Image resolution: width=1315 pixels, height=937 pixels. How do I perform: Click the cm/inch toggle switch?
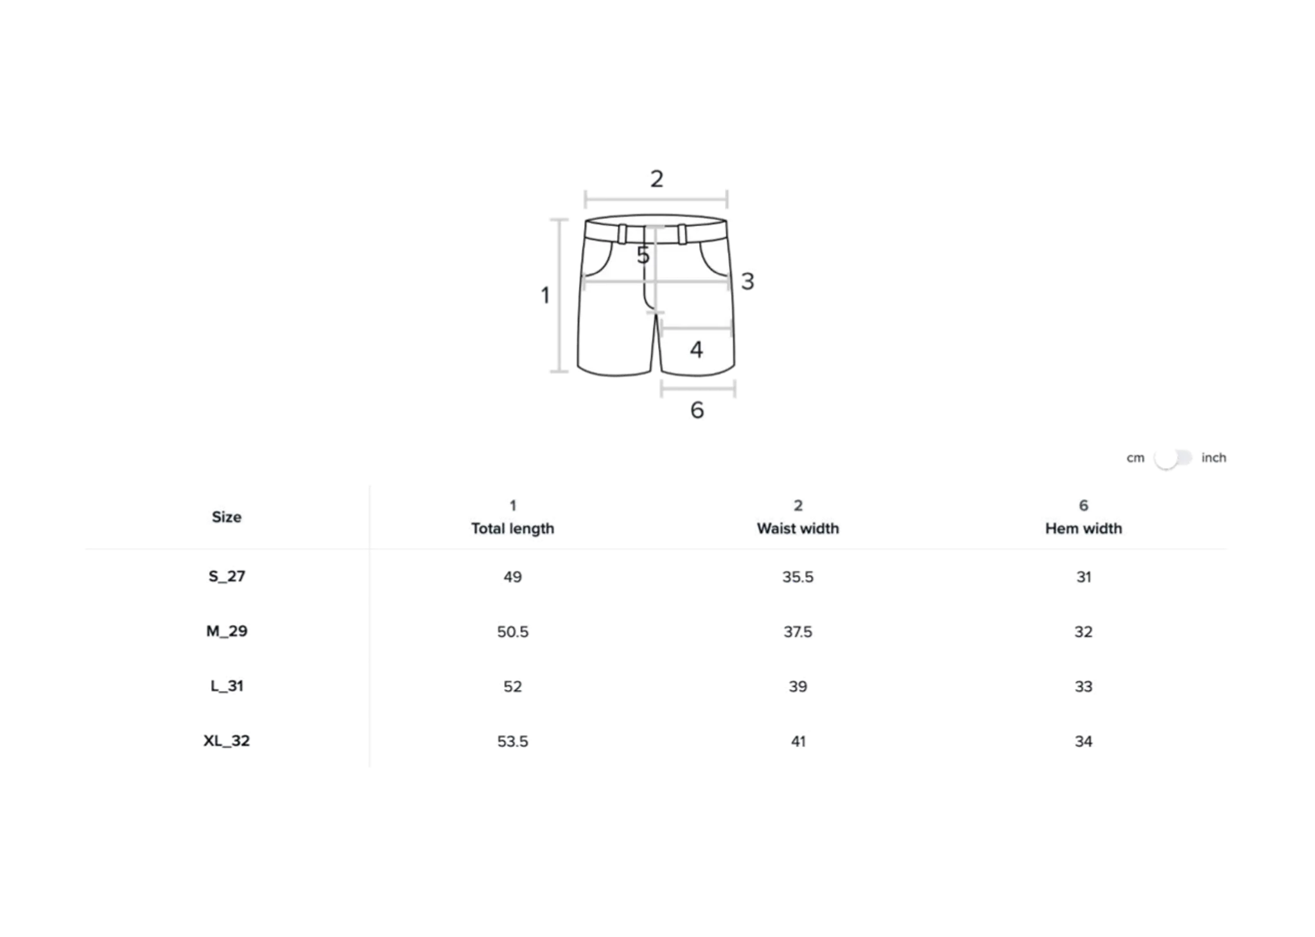click(x=1172, y=459)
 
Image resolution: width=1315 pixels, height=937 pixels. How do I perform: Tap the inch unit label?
click(x=1214, y=458)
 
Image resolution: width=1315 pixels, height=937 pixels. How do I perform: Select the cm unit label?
click(x=1135, y=459)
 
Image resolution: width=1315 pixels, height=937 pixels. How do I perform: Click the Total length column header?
click(x=512, y=517)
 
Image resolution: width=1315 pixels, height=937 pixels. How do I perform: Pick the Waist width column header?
click(x=797, y=517)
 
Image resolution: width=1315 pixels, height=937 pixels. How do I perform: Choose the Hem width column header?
click(x=1083, y=517)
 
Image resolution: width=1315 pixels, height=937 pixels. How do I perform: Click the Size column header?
click(x=227, y=517)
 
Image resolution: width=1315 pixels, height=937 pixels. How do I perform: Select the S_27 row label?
click(x=227, y=577)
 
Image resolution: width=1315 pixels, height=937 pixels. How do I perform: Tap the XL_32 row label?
click(x=227, y=741)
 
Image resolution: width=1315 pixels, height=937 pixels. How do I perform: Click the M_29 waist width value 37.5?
click(x=797, y=632)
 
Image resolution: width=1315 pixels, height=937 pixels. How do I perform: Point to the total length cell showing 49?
click(x=512, y=577)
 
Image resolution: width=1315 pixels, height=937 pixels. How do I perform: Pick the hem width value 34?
click(x=1083, y=741)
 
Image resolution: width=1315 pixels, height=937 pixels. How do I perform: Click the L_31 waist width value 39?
click(x=797, y=687)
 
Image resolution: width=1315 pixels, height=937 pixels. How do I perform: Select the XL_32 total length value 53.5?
click(x=512, y=741)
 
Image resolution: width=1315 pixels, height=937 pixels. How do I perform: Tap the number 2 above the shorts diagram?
click(x=656, y=179)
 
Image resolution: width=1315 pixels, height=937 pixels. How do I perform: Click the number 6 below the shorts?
click(x=697, y=410)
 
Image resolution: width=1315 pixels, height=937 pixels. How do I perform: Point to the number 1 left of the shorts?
click(x=545, y=295)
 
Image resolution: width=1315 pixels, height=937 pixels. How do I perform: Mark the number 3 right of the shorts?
click(x=747, y=281)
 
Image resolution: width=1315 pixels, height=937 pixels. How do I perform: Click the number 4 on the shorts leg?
click(x=696, y=349)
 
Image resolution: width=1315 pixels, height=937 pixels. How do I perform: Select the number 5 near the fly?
click(x=643, y=256)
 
